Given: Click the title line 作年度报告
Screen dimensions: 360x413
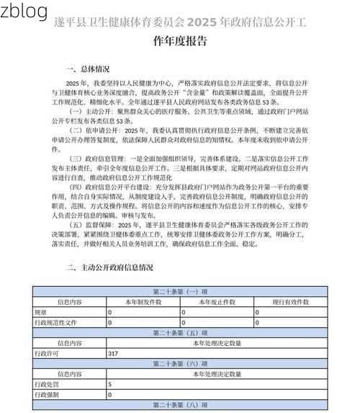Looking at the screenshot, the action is click(x=180, y=41).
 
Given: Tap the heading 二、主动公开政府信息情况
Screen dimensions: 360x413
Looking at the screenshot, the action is click(x=109, y=267).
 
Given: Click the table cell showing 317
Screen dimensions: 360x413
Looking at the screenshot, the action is click(x=113, y=354).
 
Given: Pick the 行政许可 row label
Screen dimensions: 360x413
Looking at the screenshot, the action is click(x=47, y=354).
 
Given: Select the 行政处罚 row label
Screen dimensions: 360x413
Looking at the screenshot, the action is click(x=47, y=385).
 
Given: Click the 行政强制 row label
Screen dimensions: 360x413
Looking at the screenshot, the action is click(x=47, y=395).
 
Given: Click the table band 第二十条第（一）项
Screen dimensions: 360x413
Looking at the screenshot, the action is click(x=180, y=292).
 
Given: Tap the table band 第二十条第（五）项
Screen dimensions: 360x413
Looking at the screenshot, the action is click(x=180, y=333).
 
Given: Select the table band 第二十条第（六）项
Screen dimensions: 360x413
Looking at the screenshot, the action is click(x=180, y=364).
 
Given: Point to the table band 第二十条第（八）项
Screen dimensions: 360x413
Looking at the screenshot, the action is click(x=180, y=405).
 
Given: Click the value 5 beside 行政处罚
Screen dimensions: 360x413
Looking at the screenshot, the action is click(x=110, y=385).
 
